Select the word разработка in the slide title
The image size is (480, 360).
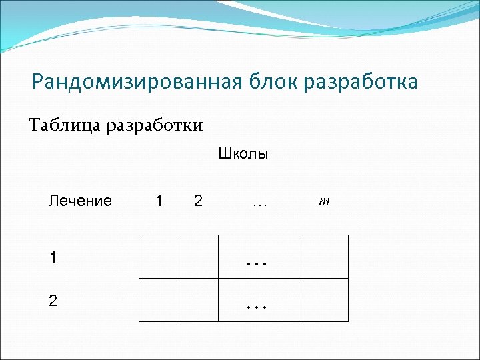point(360,83)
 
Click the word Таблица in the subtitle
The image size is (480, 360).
point(65,125)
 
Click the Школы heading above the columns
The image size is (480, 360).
point(243,155)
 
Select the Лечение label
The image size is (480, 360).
point(80,201)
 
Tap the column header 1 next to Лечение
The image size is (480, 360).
point(158,201)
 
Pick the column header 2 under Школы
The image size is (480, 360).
point(198,201)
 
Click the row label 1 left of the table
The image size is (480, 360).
point(53,257)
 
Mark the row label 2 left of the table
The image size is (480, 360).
point(53,301)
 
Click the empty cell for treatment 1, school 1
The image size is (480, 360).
point(159,257)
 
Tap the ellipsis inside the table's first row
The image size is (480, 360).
point(257,263)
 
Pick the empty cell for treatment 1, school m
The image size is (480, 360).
point(324,257)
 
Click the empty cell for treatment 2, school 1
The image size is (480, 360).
point(159,300)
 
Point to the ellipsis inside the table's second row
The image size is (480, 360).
point(257,307)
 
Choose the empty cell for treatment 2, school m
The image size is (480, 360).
point(324,300)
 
